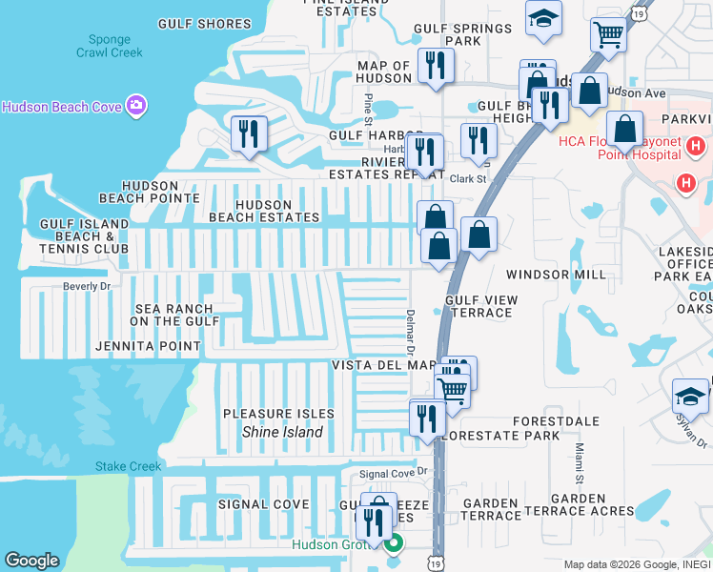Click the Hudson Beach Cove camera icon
(135, 105)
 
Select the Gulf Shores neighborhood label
(204, 24)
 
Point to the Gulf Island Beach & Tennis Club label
(83, 235)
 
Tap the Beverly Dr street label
(87, 286)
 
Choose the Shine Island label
(282, 432)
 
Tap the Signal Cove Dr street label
(396, 473)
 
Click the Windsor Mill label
(555, 275)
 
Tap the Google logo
(32, 560)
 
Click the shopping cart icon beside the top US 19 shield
(608, 36)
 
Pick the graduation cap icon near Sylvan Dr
(690, 395)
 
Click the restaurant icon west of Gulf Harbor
(249, 133)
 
